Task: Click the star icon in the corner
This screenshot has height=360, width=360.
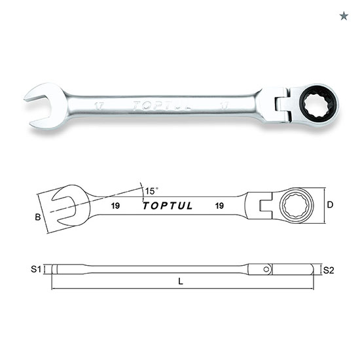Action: tap(344, 16)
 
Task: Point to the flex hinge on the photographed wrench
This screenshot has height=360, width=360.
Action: tap(278, 105)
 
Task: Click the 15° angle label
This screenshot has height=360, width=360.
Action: tap(152, 191)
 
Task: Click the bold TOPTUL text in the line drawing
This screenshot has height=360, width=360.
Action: tap(167, 206)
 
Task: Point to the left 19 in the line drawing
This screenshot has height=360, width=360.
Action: tap(115, 206)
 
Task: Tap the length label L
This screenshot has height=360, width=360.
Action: tap(180, 281)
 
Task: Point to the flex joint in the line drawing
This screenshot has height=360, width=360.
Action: tap(264, 205)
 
